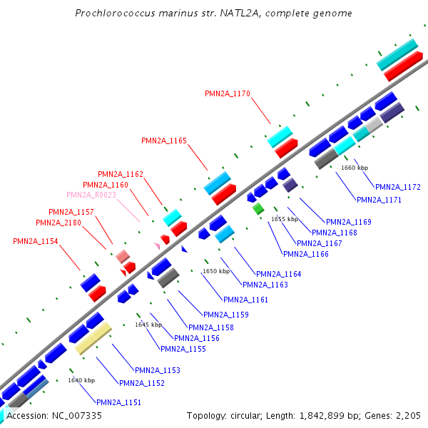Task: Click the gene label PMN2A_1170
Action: coord(227,93)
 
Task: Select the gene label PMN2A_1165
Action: coord(164,141)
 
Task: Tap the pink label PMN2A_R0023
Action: coord(91,195)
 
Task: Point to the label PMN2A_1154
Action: coord(36,241)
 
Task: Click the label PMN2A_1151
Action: coord(118,402)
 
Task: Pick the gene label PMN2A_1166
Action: coord(305,254)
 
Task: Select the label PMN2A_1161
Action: coord(245,300)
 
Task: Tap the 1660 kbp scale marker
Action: coord(355,168)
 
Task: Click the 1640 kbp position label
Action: coord(81,380)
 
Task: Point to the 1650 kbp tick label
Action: coord(216,271)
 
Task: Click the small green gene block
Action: coord(258,208)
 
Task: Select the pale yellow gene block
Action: coord(93,338)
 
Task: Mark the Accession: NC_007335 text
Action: coord(54,415)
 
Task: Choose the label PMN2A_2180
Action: coord(58,223)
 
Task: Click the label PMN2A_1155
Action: coord(183,349)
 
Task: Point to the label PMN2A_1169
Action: coord(348,222)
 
